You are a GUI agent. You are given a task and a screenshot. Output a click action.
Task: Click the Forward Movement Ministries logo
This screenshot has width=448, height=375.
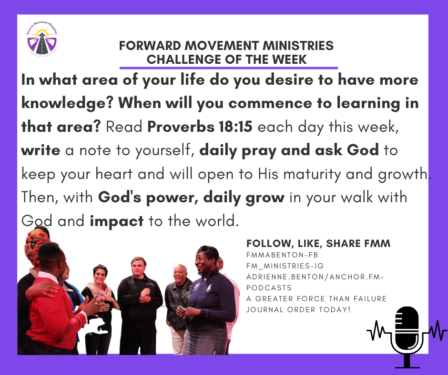pos(42,39)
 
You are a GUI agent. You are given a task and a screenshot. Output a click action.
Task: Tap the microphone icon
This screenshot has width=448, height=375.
pos(407,337)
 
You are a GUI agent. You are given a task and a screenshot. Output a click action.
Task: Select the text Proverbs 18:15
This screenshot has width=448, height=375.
pos(200,127)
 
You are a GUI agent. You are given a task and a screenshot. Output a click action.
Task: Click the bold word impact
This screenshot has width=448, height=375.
pos(117,221)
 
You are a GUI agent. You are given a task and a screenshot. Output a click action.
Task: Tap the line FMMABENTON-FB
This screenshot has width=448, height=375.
pos(278,255)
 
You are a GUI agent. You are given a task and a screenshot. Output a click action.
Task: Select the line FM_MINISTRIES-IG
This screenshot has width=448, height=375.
pos(285,266)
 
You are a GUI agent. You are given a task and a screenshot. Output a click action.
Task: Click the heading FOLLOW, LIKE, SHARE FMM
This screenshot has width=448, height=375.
pos(318,244)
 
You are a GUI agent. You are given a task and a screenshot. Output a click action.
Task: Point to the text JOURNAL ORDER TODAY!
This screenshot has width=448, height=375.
pos(298,309)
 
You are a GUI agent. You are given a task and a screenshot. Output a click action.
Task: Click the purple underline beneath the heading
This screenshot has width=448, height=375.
pos(229,68)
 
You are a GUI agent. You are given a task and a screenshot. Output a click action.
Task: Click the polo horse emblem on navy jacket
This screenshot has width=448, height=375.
pos(210,287)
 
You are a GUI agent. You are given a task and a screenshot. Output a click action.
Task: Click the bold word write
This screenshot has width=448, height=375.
pos(41,150)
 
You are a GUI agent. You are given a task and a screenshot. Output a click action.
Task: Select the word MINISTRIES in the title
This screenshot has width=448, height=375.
pos(298,46)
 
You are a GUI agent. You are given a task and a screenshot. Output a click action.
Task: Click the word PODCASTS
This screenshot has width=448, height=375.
pos(269,287)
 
